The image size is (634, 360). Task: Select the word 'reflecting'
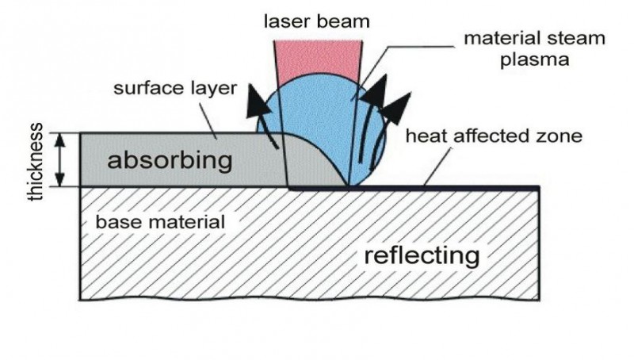point(422,255)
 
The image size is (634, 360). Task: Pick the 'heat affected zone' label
point(494,136)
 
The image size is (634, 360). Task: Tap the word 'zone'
point(562,136)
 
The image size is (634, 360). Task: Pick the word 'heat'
point(422,136)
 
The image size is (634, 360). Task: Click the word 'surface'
point(145,88)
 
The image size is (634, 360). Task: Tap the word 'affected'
point(489,136)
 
